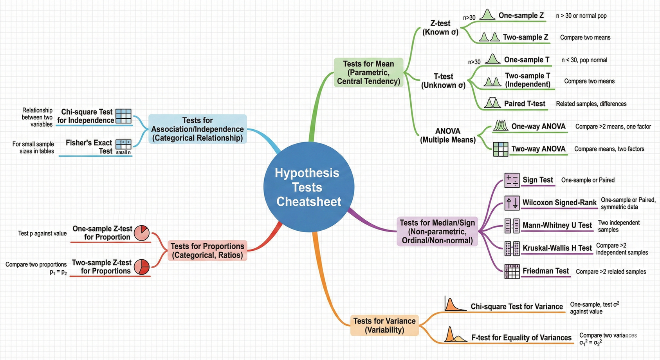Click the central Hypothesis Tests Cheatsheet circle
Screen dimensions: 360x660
click(x=308, y=187)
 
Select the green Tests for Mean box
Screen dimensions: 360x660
click(x=368, y=72)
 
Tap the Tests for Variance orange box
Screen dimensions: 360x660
click(x=384, y=325)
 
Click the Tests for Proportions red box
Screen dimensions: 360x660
click(x=207, y=251)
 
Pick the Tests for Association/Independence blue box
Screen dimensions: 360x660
click(x=197, y=129)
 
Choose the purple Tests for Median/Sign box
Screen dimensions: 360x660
click(x=437, y=231)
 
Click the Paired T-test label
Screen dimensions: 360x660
click(x=525, y=103)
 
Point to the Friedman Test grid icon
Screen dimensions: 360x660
click(x=512, y=271)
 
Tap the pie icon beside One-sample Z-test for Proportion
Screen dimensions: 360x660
click(x=141, y=233)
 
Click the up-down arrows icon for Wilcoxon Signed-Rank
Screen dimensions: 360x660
click(x=512, y=203)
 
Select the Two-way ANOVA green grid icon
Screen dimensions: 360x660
click(x=500, y=149)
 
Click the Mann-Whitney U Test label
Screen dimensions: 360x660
click(x=557, y=225)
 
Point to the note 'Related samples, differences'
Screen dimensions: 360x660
click(x=591, y=104)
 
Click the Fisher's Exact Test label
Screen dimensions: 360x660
click(x=89, y=147)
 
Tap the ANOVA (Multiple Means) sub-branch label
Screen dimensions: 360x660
click(x=448, y=135)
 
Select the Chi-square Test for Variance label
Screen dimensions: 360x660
click(x=517, y=306)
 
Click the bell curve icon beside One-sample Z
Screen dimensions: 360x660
click(x=487, y=15)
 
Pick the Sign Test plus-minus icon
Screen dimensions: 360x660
click(x=512, y=180)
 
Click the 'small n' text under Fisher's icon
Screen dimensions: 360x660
click(x=123, y=152)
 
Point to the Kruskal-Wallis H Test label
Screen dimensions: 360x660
click(x=557, y=248)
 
